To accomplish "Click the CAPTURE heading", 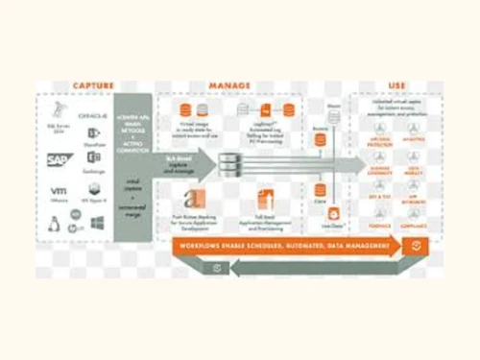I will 93,85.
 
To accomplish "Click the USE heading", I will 396,85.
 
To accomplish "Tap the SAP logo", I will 60,160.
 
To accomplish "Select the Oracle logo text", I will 92,115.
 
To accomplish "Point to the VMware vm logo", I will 59,191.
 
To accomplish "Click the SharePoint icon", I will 93,134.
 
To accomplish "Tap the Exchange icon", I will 94,158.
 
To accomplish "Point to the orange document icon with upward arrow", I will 263,200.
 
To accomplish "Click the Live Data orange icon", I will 335,215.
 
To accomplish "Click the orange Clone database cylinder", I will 320,189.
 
